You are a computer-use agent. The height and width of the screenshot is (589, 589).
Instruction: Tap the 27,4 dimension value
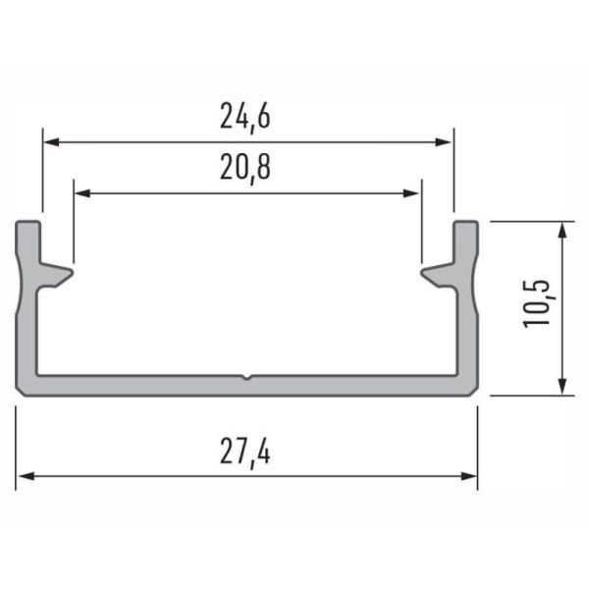(x=245, y=453)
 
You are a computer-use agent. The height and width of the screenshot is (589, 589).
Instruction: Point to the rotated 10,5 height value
(x=538, y=303)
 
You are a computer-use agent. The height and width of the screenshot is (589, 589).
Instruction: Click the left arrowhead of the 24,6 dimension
(x=49, y=141)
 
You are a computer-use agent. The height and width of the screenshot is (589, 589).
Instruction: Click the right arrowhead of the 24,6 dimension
(x=446, y=141)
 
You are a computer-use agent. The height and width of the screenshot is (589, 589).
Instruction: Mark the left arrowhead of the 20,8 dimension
(x=80, y=193)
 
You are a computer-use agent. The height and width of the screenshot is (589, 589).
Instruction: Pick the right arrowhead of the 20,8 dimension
(x=413, y=193)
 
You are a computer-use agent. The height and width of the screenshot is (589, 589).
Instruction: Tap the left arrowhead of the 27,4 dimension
(x=24, y=476)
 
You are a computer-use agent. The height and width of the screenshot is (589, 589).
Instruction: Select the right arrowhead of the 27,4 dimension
(x=470, y=476)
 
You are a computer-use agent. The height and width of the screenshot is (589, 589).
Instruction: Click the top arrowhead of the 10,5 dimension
(x=562, y=229)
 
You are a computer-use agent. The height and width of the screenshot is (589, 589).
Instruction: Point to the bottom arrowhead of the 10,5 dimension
(x=562, y=387)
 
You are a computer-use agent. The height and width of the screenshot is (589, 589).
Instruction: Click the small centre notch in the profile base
(x=246, y=376)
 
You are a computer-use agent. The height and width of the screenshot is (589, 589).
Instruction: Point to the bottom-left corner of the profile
(x=20, y=392)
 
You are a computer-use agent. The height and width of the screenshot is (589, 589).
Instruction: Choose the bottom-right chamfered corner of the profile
(x=474, y=392)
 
